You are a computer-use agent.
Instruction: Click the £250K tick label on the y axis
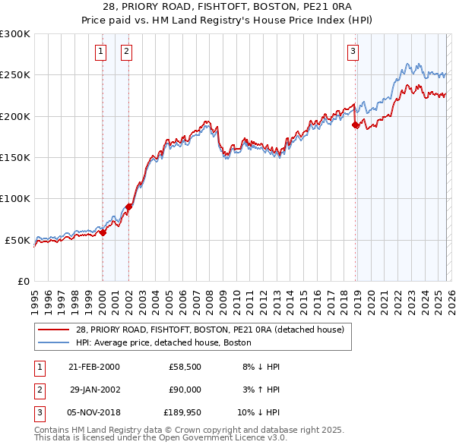pos(15,75)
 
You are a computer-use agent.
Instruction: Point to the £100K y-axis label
pos(15,199)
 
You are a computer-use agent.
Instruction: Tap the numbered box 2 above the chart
pos(125,52)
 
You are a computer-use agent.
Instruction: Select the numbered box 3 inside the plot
pos(353,52)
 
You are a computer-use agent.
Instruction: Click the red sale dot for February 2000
pos(103,233)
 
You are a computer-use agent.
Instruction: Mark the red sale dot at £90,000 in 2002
pos(129,207)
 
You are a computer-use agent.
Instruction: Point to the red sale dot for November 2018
pos(355,125)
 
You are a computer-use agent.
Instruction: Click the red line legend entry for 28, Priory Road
pos(210,330)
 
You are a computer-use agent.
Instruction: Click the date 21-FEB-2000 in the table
pos(94,367)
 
